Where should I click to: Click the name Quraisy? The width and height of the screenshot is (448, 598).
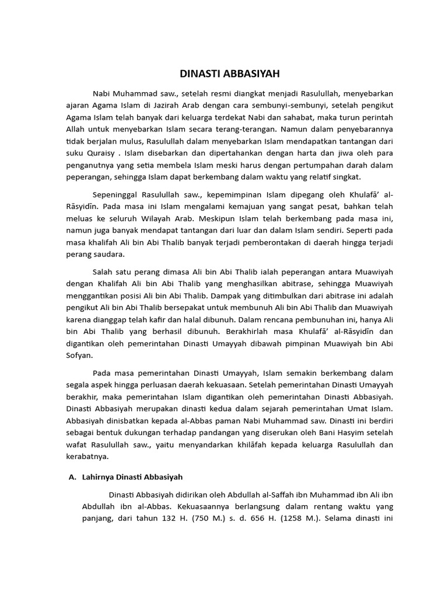coord(103,154)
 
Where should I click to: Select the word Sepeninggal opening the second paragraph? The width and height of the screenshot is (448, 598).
coord(114,194)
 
